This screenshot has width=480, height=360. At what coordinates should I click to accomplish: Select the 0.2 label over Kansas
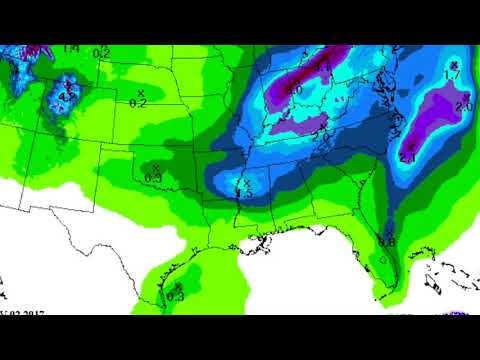[x=138, y=103]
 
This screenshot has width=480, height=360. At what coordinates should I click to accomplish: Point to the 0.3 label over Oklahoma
[x=153, y=177]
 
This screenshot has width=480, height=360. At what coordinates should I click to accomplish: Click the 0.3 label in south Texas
[x=175, y=295]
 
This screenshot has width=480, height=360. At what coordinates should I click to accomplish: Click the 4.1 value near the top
[x=323, y=67]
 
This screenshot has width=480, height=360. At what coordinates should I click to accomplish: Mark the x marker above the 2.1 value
[x=411, y=146]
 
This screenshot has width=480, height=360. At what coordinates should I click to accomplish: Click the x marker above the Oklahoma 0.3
[x=155, y=166]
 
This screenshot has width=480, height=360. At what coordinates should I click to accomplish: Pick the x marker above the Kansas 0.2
[x=140, y=92]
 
